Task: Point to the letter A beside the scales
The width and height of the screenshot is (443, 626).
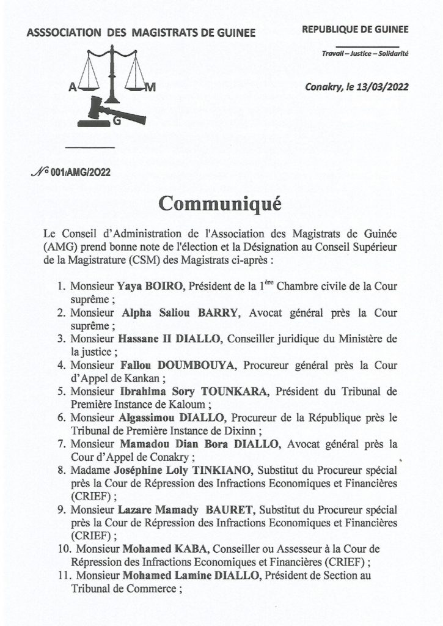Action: [x=73, y=87]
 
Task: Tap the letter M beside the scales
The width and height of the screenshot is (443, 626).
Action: [x=152, y=87]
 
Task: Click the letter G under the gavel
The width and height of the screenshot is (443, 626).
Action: [x=116, y=122]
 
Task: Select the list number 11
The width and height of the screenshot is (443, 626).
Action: [x=59, y=575]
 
